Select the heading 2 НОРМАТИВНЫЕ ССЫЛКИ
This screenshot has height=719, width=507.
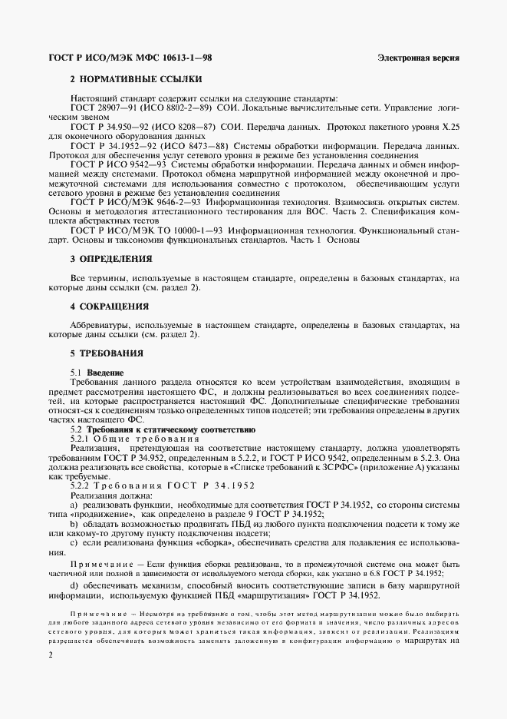(x=137, y=79)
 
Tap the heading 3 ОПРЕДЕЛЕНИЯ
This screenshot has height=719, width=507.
(x=110, y=259)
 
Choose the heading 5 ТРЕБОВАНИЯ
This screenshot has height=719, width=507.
(x=107, y=353)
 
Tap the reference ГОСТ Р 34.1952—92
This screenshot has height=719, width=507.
(x=117, y=144)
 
